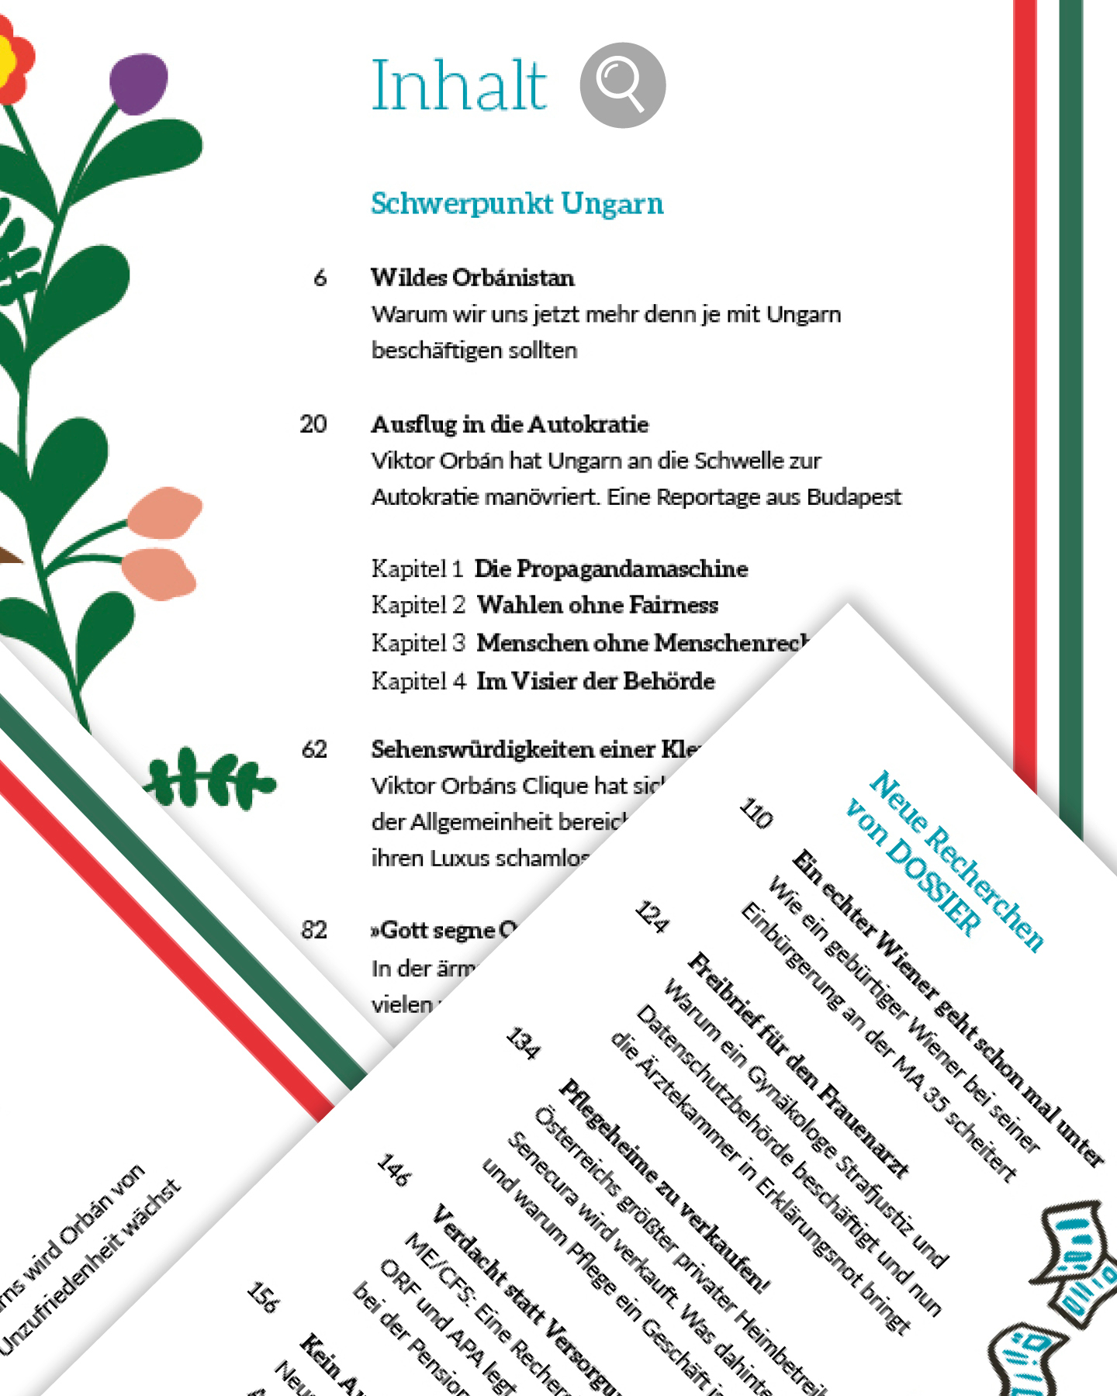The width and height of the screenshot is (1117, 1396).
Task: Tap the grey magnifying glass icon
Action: [622, 85]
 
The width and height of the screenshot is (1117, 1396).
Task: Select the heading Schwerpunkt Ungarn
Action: [517, 203]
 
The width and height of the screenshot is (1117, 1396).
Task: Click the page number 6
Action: [320, 278]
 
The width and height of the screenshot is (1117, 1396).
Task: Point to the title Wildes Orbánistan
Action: [472, 278]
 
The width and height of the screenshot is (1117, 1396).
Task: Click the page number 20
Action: [313, 424]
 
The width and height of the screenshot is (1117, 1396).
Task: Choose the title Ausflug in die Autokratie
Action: [510, 424]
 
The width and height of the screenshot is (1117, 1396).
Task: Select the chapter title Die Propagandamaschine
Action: [611, 568]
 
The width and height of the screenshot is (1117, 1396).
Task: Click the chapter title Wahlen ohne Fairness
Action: [597, 605]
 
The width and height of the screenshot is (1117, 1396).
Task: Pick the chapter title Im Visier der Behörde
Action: [596, 681]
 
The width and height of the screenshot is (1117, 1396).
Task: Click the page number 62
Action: [314, 749]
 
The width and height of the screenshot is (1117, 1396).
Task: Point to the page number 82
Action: [314, 930]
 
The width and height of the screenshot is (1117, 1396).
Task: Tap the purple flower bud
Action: [139, 83]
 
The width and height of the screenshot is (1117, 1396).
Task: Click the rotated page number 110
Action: [756, 814]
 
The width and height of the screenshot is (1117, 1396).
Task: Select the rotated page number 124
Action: [652, 917]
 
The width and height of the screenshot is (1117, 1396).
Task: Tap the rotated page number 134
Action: [523, 1044]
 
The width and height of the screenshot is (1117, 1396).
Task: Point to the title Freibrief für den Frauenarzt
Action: [798, 1064]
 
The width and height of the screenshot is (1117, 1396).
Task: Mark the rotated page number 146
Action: [393, 1170]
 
